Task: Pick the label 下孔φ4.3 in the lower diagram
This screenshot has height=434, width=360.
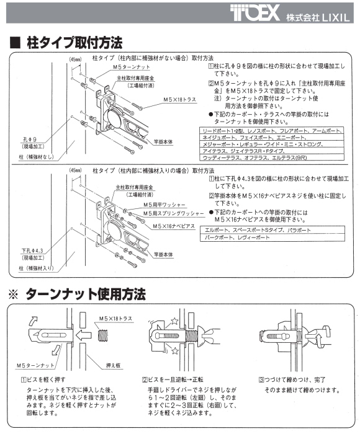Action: point(29,250)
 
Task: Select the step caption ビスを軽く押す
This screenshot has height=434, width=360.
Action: point(47,379)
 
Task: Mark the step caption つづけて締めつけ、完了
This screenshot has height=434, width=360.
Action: point(295,379)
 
